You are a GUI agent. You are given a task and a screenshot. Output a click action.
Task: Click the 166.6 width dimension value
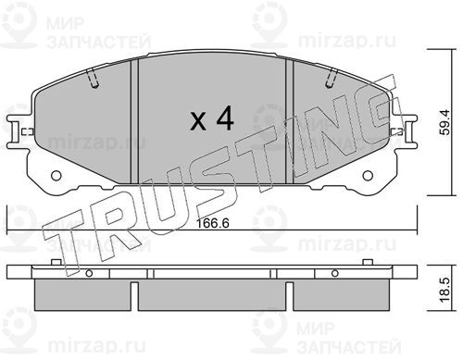coord(213,223)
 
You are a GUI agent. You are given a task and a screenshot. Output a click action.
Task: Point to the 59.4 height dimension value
coord(445,122)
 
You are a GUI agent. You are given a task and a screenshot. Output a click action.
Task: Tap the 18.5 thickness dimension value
coord(445,291)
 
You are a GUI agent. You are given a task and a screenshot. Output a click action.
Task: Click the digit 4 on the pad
coord(225,118)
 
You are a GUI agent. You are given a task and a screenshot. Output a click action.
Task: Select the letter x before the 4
coord(198,121)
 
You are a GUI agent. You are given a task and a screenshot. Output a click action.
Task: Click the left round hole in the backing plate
coord(56,176)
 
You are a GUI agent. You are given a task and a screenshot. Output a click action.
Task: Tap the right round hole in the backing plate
coord(368,176)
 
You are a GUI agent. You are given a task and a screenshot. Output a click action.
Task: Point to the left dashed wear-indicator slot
coord(92,78)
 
